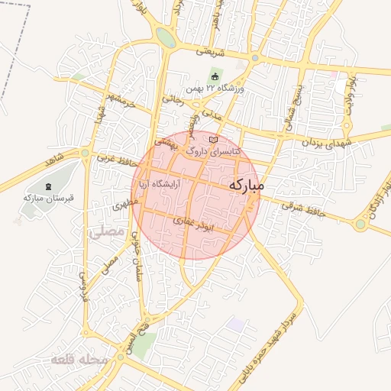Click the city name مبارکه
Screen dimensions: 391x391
pos(246,185)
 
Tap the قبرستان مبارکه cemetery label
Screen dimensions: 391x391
pos(48,198)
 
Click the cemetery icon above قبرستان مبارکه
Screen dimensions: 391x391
pos(49,186)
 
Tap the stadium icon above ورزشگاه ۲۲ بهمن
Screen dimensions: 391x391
pos(215,77)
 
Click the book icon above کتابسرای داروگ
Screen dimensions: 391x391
pos(212,141)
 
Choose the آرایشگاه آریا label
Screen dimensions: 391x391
pos(158,185)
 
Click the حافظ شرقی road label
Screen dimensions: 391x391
pos(303,209)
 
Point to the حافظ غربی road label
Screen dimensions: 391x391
pos(117,162)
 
